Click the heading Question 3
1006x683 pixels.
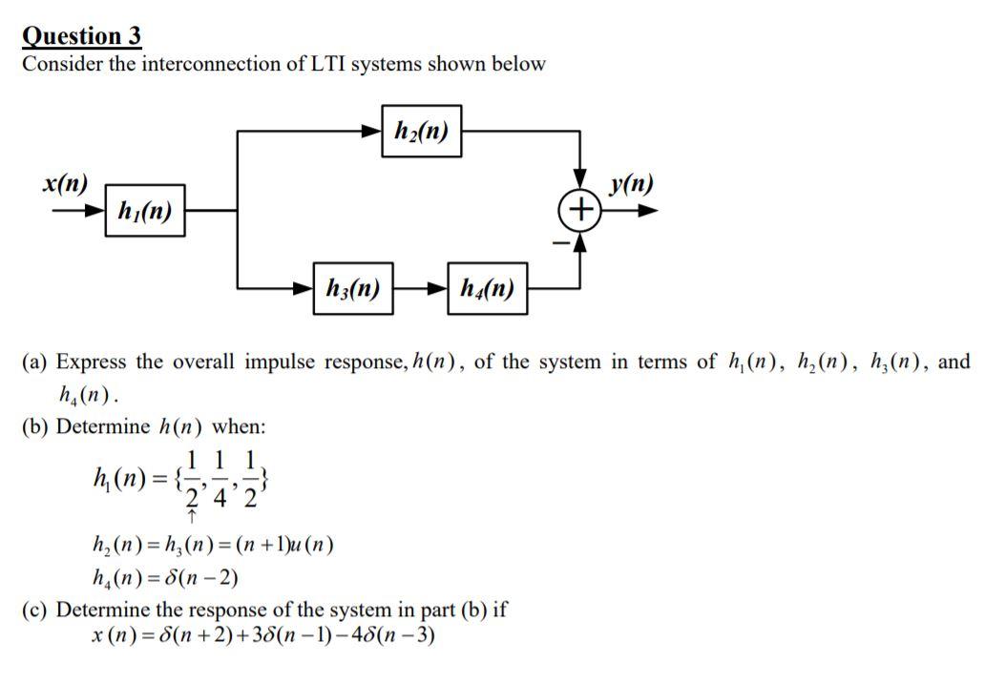click(82, 36)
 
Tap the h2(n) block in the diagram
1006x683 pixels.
click(421, 131)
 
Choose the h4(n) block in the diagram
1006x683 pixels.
click(487, 286)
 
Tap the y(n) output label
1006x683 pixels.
click(631, 183)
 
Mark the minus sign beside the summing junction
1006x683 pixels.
click(562, 243)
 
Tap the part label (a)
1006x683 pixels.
click(35, 362)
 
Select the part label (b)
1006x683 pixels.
click(35, 425)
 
